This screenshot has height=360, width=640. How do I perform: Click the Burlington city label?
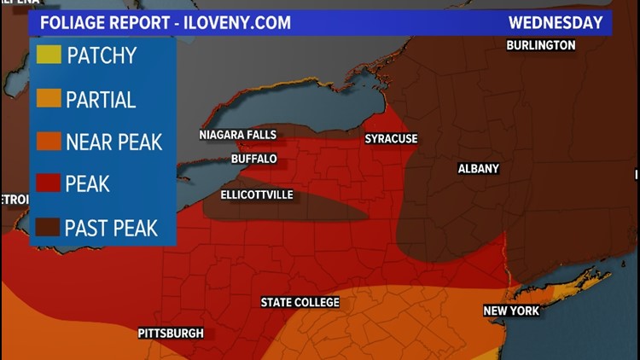pos(540,44)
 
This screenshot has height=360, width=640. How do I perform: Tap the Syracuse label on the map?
pos(391,138)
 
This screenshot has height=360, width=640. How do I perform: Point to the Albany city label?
pos(478,169)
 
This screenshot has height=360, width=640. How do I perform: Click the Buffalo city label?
pos(254,159)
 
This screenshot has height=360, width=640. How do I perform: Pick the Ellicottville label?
pos(257,195)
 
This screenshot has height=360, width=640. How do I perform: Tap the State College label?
pos(300,303)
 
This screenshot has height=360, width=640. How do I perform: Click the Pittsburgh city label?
pos(171,334)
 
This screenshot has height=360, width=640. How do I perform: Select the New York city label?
pos(511,311)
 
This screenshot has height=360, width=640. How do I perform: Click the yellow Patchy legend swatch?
pos(49,56)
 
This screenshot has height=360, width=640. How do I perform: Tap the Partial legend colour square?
pos(49,99)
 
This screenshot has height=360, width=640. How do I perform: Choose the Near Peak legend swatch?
pos(49,142)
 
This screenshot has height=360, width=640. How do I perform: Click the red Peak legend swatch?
pos(49,183)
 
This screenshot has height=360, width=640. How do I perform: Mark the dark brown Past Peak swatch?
pos(49,227)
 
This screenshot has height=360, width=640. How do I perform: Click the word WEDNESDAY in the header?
pos(556,22)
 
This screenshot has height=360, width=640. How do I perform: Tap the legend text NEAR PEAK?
pos(113,142)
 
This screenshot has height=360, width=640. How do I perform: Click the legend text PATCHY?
pos(101,56)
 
